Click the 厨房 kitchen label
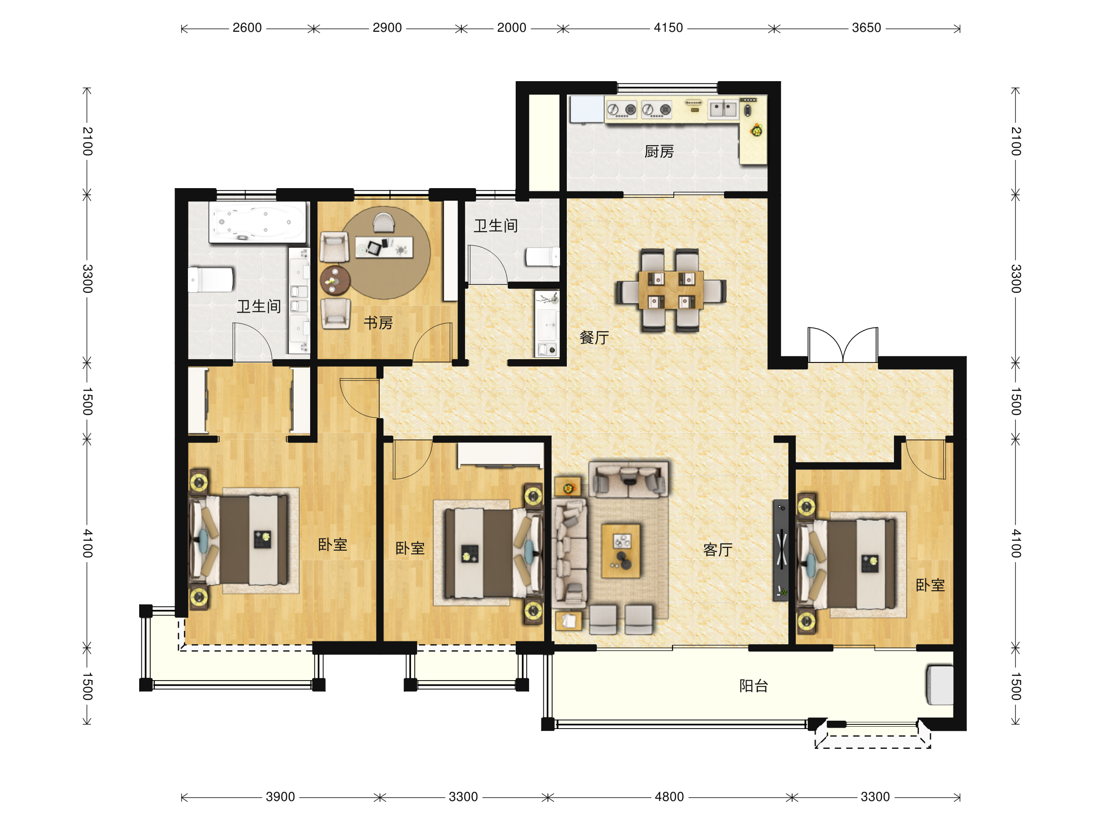659,151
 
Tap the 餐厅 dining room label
594,337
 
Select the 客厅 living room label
718,550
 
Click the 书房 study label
378,323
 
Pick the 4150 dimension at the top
668,28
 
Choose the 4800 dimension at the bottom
669,796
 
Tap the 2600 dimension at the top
247,28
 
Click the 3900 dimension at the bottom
280,796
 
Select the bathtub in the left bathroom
258,223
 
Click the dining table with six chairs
671,290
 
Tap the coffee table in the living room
620,551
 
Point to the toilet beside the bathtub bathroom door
211,279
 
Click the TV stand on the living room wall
781,550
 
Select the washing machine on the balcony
940,684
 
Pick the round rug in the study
385,253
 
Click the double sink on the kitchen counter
723,109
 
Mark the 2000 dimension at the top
512,28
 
